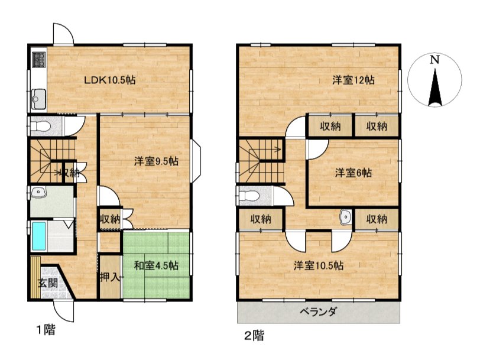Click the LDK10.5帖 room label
point(110,80)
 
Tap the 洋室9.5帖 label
point(156,161)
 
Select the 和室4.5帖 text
point(156,265)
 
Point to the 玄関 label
point(48,283)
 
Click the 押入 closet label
point(111,277)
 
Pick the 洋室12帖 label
point(353,80)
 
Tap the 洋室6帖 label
point(353,173)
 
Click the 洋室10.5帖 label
point(319,265)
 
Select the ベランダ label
point(319,312)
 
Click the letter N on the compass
point(434,60)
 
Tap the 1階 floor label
point(46,330)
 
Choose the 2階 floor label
point(254,336)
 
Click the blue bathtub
point(39,236)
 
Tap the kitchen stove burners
point(39,60)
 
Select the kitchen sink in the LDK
point(39,99)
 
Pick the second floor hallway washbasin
point(345,218)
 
